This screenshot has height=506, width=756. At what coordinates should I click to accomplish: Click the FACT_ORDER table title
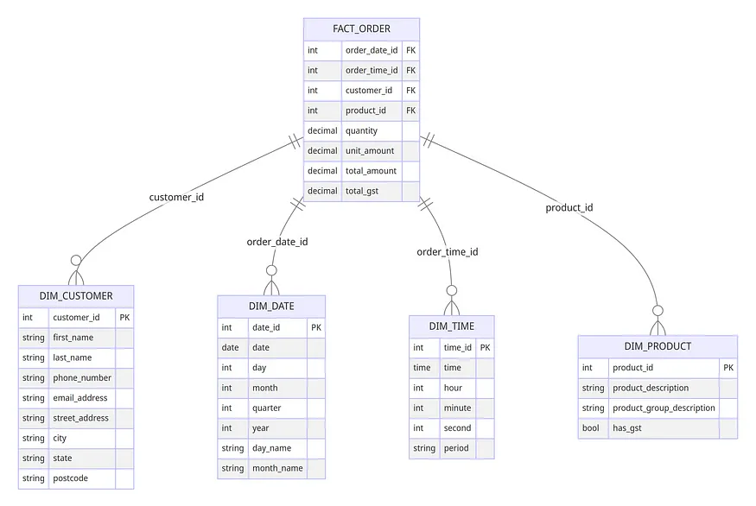coord(361,28)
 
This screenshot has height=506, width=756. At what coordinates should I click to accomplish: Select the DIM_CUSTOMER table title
coord(76,296)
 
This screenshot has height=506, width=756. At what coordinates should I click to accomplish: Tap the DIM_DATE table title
coord(271,306)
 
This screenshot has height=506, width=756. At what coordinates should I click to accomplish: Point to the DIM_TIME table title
coord(452,326)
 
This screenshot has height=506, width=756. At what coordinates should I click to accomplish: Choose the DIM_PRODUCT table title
coord(658,346)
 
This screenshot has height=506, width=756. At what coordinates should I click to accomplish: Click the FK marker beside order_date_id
coord(410,50)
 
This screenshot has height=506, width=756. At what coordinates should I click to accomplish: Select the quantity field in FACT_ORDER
coord(362,130)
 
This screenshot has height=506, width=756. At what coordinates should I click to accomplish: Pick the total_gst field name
coord(362,191)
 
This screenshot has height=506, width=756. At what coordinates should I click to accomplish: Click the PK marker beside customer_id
coord(124,317)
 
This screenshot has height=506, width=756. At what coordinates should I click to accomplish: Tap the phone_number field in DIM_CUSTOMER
coord(82,378)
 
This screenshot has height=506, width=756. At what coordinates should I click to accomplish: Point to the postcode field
coord(70,478)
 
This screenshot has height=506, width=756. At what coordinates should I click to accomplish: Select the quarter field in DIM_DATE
coord(267,408)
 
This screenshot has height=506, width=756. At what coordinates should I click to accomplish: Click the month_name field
coord(277,468)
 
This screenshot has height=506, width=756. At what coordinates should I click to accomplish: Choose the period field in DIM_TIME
coord(456,448)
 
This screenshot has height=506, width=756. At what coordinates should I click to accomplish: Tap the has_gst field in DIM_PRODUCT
coord(626,428)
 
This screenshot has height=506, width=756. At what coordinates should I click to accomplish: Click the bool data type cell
coord(591,428)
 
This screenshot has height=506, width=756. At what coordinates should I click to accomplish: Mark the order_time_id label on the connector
coord(448,251)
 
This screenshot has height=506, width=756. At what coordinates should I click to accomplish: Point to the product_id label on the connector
coord(569,208)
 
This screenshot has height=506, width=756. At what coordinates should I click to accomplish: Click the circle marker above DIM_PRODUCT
coord(658,310)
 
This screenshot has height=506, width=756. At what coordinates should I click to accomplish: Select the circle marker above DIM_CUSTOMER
coord(76,260)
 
